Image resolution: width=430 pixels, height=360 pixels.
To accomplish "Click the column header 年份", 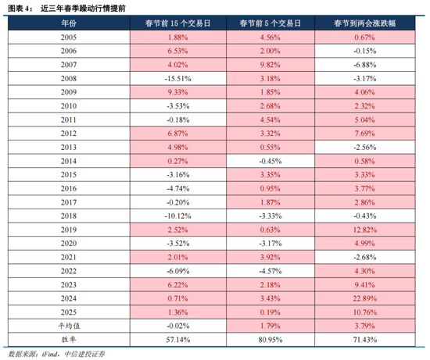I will click(69, 24).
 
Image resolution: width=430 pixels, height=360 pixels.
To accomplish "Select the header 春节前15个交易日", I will click(178, 24).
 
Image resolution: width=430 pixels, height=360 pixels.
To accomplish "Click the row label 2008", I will click(69, 78).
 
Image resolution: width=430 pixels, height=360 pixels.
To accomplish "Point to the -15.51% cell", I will click(178, 78).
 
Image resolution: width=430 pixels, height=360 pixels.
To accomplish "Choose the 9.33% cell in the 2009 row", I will click(178, 91).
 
